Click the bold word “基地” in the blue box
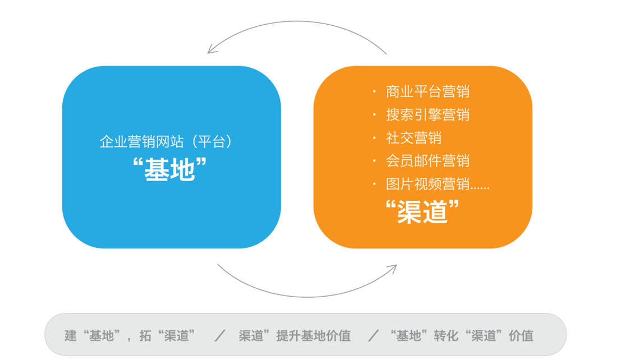pos(169,169)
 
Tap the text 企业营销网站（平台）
pos(166,142)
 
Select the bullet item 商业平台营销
pos(428,91)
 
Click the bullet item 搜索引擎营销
pos(428,115)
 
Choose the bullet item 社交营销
pos(413,138)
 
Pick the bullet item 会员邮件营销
pos(428,161)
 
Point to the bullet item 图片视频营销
pos(428,184)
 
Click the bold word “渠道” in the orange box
pos(422,211)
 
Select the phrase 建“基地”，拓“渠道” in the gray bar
pos(130,335)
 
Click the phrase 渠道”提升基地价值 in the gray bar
pos(294,335)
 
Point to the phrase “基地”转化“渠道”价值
pos(462,335)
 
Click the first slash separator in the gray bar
pos(220,335)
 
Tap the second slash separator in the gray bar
pos(374,335)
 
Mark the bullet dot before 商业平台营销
pos(374,91)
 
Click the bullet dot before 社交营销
pos(374,138)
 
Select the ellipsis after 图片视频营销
pos(480,188)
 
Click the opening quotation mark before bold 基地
pos(137,163)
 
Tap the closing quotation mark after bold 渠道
pos(454,205)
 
